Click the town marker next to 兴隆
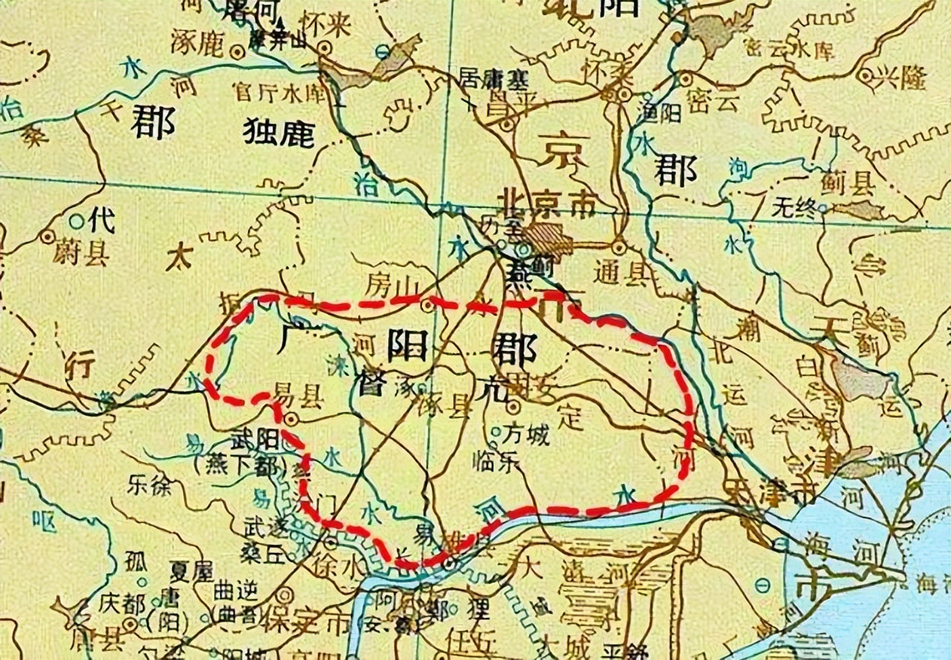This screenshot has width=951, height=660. tap(864, 75)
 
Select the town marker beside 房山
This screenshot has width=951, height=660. tap(428, 305)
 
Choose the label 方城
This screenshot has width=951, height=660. tap(526, 433)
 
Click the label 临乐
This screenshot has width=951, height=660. tap(493, 462)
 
